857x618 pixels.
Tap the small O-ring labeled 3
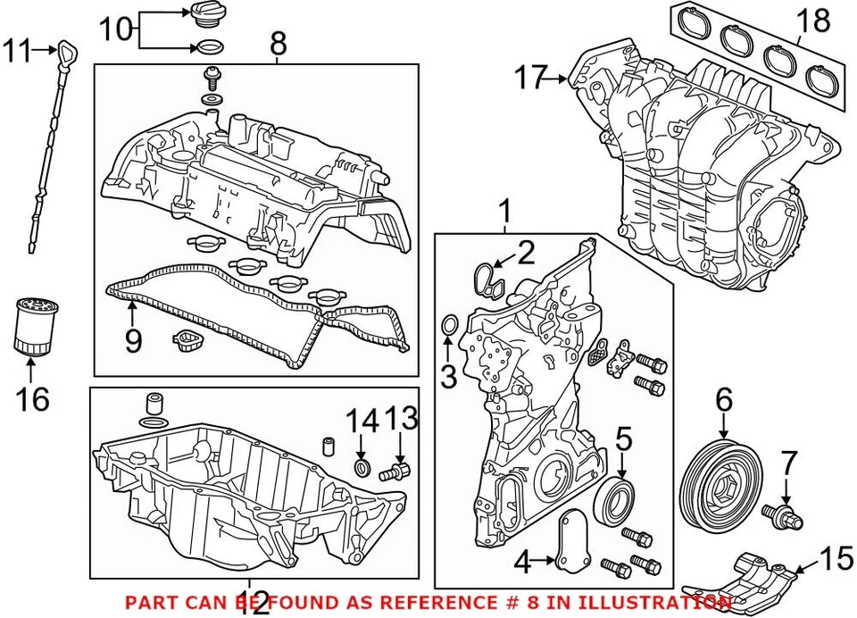pos(449,327)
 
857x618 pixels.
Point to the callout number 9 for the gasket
pos(133,340)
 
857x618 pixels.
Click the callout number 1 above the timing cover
pos(504,212)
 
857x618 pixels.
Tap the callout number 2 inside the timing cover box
pos(525,254)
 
